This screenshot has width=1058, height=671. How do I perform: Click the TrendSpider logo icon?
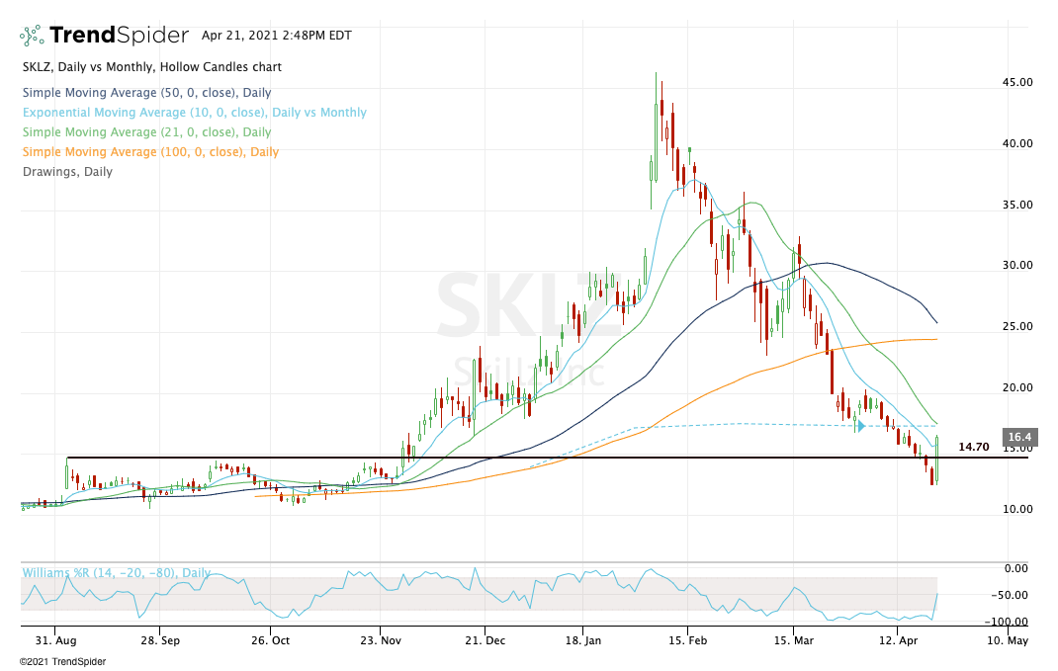pyautogui.click(x=33, y=36)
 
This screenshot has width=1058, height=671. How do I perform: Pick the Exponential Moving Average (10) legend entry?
pyautogui.click(x=194, y=113)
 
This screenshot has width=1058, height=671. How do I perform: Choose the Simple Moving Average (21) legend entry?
pyautogui.click(x=146, y=132)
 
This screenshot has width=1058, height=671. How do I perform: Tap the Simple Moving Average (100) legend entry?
pyautogui.click(x=150, y=152)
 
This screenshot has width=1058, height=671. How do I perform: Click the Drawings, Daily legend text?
pyautogui.click(x=67, y=172)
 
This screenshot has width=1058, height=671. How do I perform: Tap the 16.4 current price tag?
pyautogui.click(x=1019, y=437)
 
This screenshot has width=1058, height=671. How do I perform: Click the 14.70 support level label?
pyautogui.click(x=974, y=447)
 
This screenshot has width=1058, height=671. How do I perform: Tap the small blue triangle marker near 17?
pyautogui.click(x=860, y=426)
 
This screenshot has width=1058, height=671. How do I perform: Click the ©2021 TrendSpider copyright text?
pyautogui.click(x=62, y=661)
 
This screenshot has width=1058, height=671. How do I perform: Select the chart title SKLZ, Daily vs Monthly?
pyautogui.click(x=150, y=67)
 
